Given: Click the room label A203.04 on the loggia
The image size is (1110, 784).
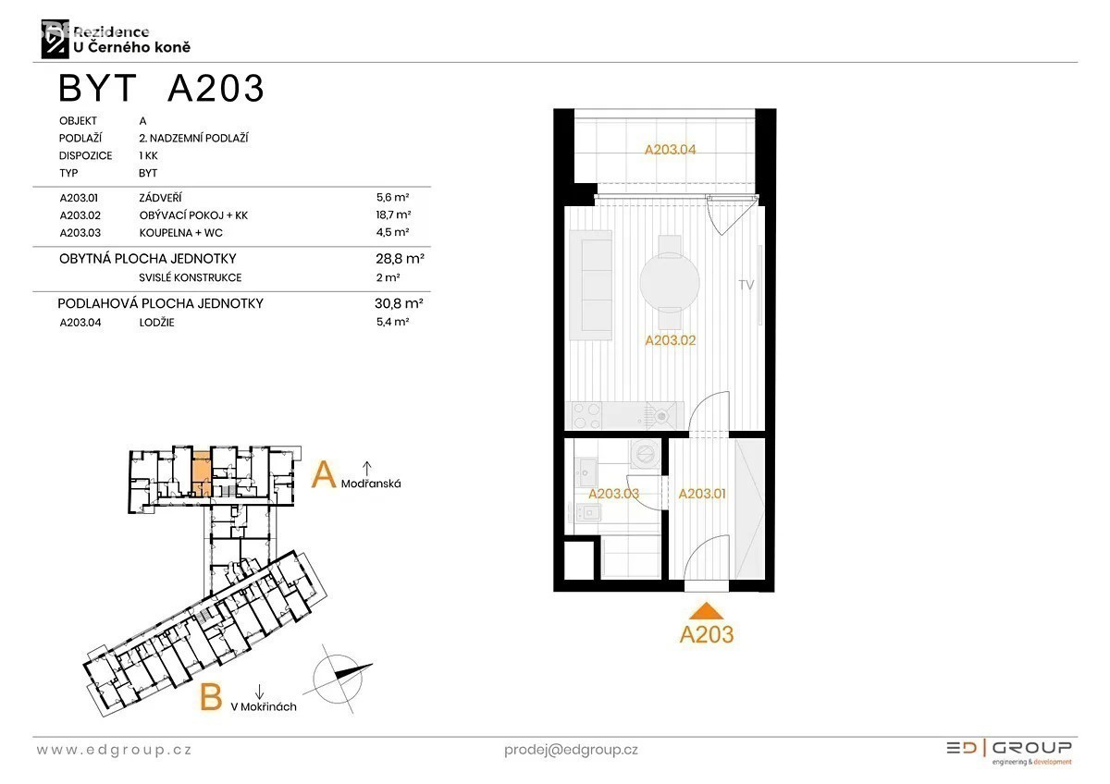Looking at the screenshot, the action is (x=670, y=150).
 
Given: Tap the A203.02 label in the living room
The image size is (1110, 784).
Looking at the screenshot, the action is (x=670, y=340).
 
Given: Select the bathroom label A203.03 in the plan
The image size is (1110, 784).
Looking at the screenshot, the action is (x=613, y=494).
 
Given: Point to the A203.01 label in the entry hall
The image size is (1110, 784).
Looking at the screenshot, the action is (x=702, y=494).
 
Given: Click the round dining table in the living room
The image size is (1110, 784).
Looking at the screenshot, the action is (x=670, y=282).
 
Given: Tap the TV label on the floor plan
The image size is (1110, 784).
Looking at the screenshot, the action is (x=746, y=285).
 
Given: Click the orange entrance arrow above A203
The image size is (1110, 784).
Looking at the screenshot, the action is (x=706, y=612).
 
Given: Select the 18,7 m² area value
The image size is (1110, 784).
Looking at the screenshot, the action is (x=393, y=214).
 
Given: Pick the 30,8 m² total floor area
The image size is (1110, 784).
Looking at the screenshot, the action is (x=399, y=303).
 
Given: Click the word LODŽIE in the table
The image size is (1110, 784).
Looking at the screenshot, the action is (x=156, y=323).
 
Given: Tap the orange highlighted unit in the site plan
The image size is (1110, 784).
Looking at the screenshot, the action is (x=202, y=474).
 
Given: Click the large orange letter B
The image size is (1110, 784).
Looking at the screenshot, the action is (x=211, y=697).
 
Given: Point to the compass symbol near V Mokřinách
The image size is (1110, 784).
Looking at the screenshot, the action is (x=338, y=679).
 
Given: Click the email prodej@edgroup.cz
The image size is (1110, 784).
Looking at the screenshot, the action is (x=571, y=751).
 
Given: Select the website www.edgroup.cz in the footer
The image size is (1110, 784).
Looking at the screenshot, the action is (x=114, y=750).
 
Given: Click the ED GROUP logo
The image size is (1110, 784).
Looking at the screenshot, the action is (x=1009, y=753).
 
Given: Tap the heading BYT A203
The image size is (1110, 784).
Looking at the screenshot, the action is (x=161, y=88).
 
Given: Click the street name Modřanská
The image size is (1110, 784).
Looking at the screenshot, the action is (x=371, y=484).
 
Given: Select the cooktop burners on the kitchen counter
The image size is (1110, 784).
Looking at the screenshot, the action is (x=586, y=415).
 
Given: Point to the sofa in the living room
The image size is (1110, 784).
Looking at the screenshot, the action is (x=590, y=285).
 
